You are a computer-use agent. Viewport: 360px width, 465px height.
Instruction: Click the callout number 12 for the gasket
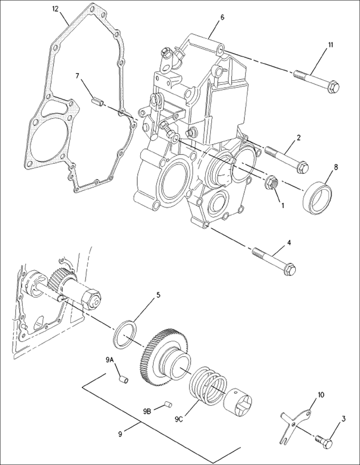pos(56,9)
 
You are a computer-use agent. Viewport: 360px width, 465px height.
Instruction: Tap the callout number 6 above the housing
pos(222,17)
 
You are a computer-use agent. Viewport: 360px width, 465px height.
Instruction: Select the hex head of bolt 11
pos(333,87)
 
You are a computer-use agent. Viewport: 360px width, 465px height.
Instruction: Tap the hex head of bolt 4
pos(290,269)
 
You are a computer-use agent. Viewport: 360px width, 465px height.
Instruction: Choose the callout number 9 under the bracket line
pos(120,434)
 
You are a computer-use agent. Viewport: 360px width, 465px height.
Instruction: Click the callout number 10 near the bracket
pos(321,395)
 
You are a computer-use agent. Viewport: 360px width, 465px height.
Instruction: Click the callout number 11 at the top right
pos(331,44)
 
